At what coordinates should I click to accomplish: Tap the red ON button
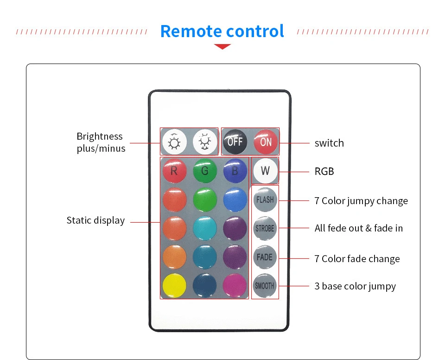tap(266, 141)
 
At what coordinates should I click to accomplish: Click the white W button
tap(265, 170)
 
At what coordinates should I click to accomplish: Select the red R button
tap(174, 171)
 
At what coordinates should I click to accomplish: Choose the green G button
tap(205, 171)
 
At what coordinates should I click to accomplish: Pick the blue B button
tap(235, 171)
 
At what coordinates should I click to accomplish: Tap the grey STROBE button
tap(265, 228)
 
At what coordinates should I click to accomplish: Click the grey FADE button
tap(265, 257)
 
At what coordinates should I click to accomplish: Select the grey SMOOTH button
tap(265, 286)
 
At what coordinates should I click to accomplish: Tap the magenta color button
tap(235, 285)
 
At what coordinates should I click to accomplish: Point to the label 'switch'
tap(329, 143)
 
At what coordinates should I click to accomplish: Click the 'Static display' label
tap(95, 220)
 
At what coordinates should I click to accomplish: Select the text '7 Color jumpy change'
tap(361, 201)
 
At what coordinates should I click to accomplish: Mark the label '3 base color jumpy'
tap(355, 286)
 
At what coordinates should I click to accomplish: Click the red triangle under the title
tap(222, 46)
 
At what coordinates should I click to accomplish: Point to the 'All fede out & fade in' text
tap(358, 228)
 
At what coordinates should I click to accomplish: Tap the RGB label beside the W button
tap(324, 172)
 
